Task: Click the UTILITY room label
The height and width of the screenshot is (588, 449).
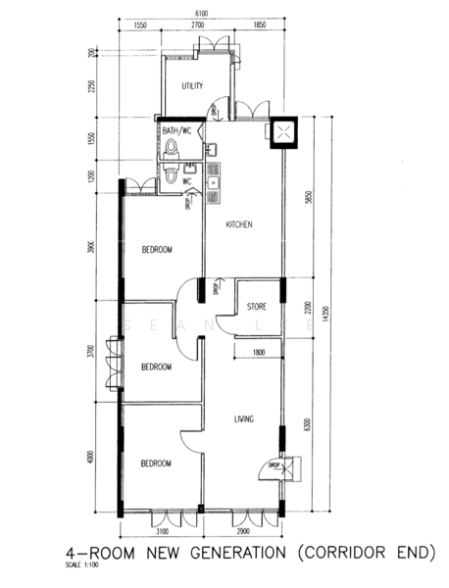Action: (192, 86)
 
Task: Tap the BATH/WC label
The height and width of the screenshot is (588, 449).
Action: (178, 130)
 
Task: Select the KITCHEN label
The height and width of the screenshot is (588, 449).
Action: (240, 224)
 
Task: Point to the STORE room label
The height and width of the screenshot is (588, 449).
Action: (257, 306)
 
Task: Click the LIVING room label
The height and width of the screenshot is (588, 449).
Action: (244, 419)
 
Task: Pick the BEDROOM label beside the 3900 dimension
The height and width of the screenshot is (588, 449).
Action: (156, 250)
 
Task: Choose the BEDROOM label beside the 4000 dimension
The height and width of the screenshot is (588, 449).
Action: (156, 464)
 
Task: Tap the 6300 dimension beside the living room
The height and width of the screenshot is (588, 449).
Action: (307, 423)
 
